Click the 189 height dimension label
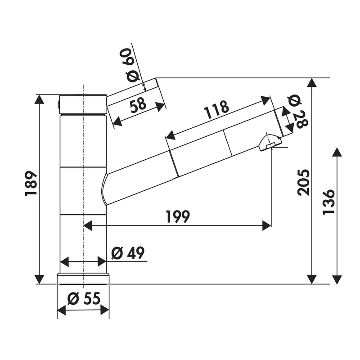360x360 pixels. (31, 183)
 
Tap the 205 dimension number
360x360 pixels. (303, 183)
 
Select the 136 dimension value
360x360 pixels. (329, 202)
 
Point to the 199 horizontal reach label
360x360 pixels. (178, 216)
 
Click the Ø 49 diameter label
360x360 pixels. (128, 253)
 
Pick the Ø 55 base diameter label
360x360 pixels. (84, 298)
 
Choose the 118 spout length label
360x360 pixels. (216, 109)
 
